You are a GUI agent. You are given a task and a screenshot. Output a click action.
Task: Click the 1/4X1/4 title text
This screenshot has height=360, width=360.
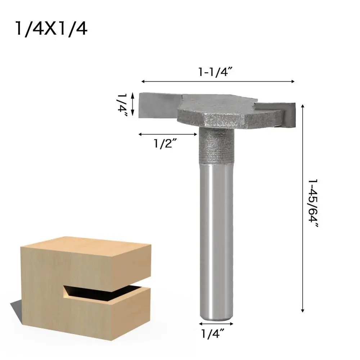click(50, 29)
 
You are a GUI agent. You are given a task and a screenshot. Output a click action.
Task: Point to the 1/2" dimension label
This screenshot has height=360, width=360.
click(165, 144)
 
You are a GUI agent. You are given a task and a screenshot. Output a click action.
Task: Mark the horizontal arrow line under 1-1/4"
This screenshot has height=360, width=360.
click(217, 82)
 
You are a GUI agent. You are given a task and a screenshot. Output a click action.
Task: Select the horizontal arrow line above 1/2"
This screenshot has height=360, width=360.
click(168, 134)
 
